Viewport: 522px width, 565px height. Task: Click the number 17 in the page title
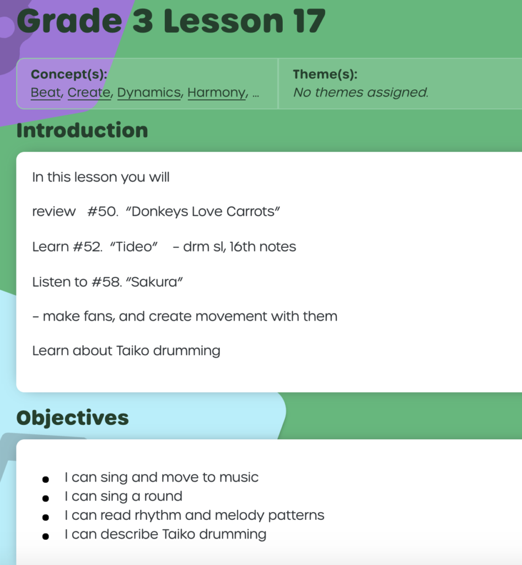309,22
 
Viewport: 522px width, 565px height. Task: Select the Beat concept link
46,93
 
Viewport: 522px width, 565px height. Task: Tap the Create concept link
89,93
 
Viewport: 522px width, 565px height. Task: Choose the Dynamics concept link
149,93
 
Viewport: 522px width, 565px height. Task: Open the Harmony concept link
217,93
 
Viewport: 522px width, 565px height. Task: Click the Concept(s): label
69,74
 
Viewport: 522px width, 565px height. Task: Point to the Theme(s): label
325,74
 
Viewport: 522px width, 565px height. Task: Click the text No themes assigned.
360,93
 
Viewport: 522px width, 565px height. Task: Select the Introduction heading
82,130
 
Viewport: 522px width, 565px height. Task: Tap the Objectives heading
72,418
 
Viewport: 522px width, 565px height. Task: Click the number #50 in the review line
102,211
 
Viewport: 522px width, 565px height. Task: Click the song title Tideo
134,247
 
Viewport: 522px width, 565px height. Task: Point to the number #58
106,282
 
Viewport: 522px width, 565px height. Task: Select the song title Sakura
154,282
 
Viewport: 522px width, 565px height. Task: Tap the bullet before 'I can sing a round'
45,498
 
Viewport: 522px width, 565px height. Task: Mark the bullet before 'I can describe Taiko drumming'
45,536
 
